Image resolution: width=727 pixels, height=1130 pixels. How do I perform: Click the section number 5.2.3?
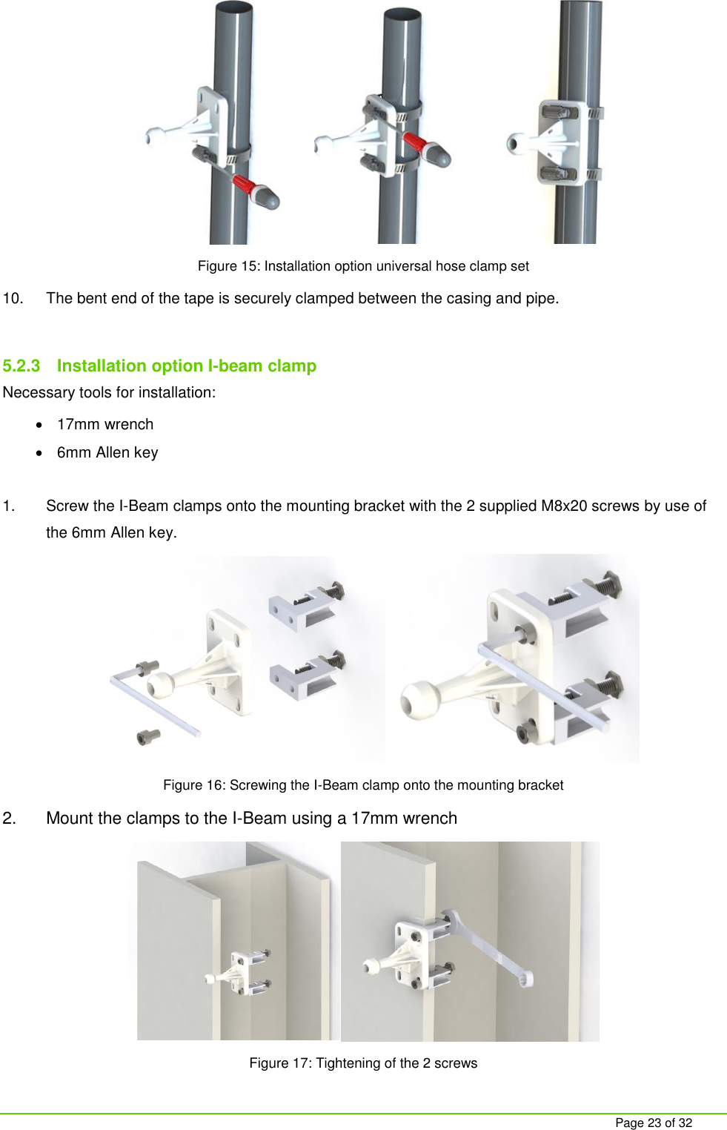[x=21, y=366]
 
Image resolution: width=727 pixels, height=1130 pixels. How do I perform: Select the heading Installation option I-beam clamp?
[x=186, y=366]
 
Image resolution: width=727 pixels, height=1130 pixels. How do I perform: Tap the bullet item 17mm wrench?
[x=105, y=425]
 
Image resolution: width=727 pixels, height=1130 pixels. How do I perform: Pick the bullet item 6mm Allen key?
[x=107, y=453]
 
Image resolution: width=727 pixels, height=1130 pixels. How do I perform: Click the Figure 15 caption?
[x=363, y=266]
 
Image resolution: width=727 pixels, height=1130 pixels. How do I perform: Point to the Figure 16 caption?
[x=363, y=785]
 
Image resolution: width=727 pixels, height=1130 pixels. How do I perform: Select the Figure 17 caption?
[x=363, y=1063]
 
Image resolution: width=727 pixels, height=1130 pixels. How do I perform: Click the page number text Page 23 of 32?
[x=653, y=1123]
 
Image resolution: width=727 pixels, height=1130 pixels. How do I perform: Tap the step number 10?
[x=13, y=299]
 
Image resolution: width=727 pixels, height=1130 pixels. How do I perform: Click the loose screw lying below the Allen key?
[x=148, y=736]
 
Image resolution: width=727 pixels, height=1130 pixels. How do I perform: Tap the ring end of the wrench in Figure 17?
[x=525, y=979]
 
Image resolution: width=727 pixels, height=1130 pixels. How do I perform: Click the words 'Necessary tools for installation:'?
[x=109, y=393]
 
